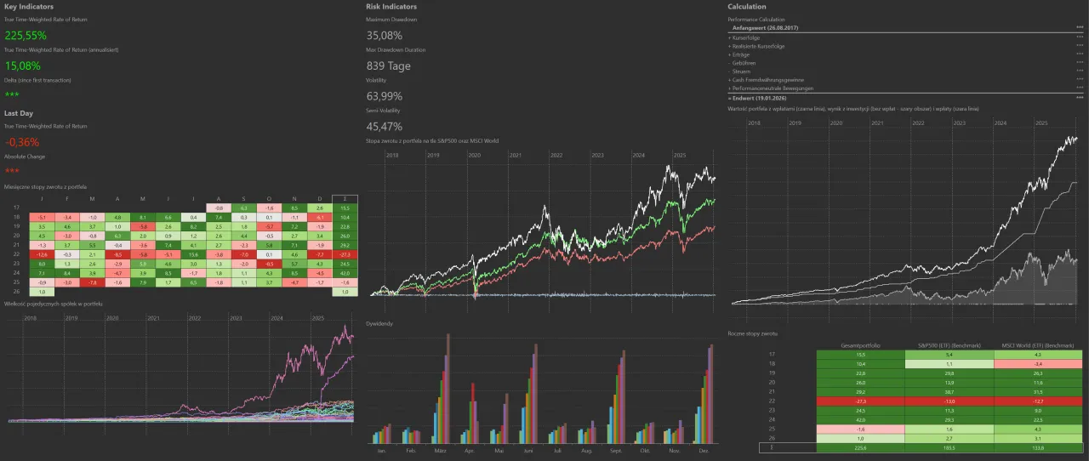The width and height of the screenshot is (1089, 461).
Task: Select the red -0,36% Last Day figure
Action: click(22, 142)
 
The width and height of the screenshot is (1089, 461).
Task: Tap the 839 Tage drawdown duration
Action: click(388, 65)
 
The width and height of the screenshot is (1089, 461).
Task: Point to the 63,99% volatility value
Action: click(385, 95)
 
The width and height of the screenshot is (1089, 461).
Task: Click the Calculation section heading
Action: click(747, 7)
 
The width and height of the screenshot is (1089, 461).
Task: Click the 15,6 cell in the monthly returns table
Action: click(193, 254)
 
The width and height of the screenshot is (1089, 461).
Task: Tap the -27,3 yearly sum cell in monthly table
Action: click(345, 254)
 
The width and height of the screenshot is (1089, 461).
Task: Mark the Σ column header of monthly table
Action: click(345, 198)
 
